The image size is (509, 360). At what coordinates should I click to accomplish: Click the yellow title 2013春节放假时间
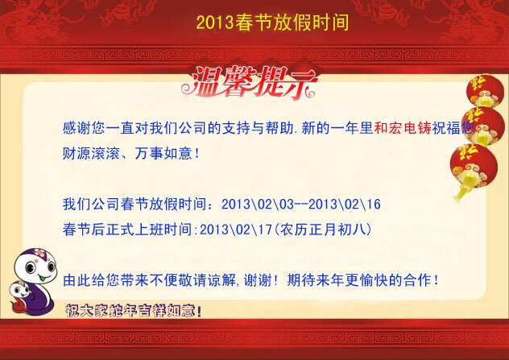pos(272,23)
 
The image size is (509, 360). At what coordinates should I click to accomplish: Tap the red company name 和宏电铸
pos(403,128)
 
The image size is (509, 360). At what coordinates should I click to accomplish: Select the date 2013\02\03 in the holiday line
pos(258,205)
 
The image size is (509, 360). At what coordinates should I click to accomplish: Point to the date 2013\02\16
pos(345,205)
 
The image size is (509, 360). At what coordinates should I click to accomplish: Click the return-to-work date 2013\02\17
pos(236,230)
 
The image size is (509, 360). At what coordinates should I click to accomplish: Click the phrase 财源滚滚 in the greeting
pos(91,153)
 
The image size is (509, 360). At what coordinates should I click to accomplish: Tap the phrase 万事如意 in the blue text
pos(163,153)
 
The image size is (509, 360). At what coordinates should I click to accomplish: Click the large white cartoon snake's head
pos(35,267)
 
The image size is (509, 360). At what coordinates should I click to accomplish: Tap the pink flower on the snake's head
pos(40,253)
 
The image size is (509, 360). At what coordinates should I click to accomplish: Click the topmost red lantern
pos(485,91)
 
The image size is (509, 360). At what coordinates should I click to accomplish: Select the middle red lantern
pos(483,126)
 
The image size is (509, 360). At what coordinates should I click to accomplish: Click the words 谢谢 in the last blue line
pos(258,280)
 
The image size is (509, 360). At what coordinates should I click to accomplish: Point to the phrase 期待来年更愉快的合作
pos(358,280)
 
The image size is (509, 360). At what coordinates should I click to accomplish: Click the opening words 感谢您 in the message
pos(84,128)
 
